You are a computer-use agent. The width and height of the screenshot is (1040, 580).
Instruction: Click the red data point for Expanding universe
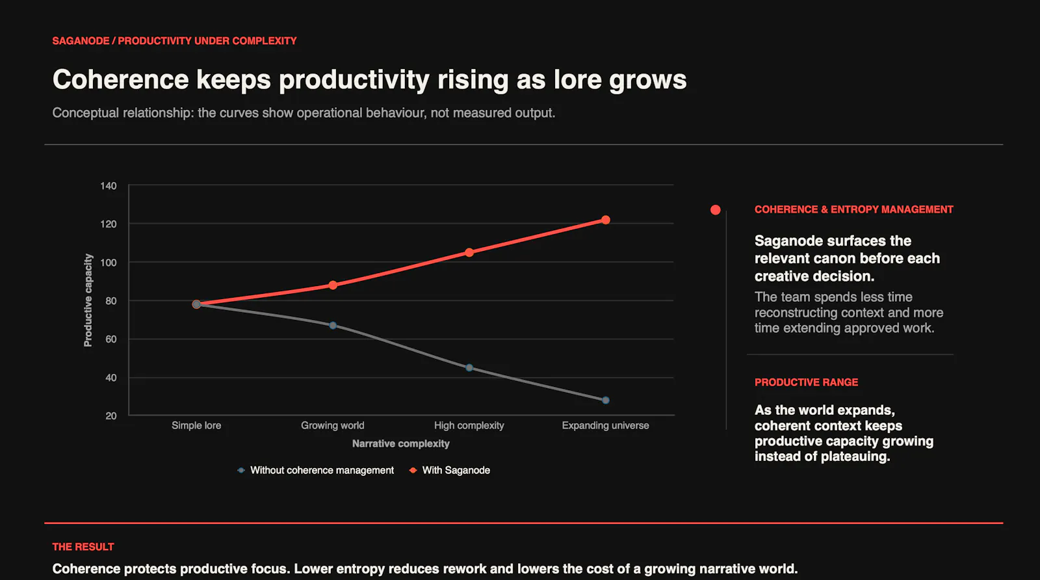coord(605,220)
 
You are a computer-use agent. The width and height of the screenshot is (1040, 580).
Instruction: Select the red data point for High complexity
coord(469,252)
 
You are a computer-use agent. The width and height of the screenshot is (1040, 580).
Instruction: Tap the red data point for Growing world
coord(333,285)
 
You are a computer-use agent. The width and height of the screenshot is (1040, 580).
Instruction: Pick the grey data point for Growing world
coord(333,326)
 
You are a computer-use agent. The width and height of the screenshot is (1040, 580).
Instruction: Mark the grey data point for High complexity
coord(469,368)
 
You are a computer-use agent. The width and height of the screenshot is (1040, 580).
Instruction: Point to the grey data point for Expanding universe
coord(605,401)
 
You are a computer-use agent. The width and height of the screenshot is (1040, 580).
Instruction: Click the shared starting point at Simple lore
coord(196,304)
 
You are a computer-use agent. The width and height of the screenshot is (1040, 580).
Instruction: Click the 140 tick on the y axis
coord(108,186)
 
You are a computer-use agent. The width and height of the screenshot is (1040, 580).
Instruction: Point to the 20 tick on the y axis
coord(111,415)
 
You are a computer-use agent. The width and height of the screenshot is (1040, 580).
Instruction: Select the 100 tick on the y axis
coord(108,263)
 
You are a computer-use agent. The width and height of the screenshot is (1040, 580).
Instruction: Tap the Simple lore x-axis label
coord(196,425)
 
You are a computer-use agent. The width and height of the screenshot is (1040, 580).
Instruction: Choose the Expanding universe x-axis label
coord(605,425)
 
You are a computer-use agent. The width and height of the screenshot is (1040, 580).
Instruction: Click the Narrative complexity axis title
coord(400,443)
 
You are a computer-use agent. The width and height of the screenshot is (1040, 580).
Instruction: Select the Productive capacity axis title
coord(88,300)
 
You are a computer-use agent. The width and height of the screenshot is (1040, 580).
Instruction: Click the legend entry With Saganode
coord(449,470)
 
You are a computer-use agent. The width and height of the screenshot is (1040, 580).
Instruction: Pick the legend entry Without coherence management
coord(315,470)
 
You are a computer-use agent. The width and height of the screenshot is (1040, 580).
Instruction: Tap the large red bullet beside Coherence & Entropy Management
coord(716,210)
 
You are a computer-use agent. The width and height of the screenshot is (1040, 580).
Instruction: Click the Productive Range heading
coord(806,382)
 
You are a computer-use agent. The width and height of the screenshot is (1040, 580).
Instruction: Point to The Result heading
coord(83,547)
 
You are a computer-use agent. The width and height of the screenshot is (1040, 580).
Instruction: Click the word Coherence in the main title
coord(120,79)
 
